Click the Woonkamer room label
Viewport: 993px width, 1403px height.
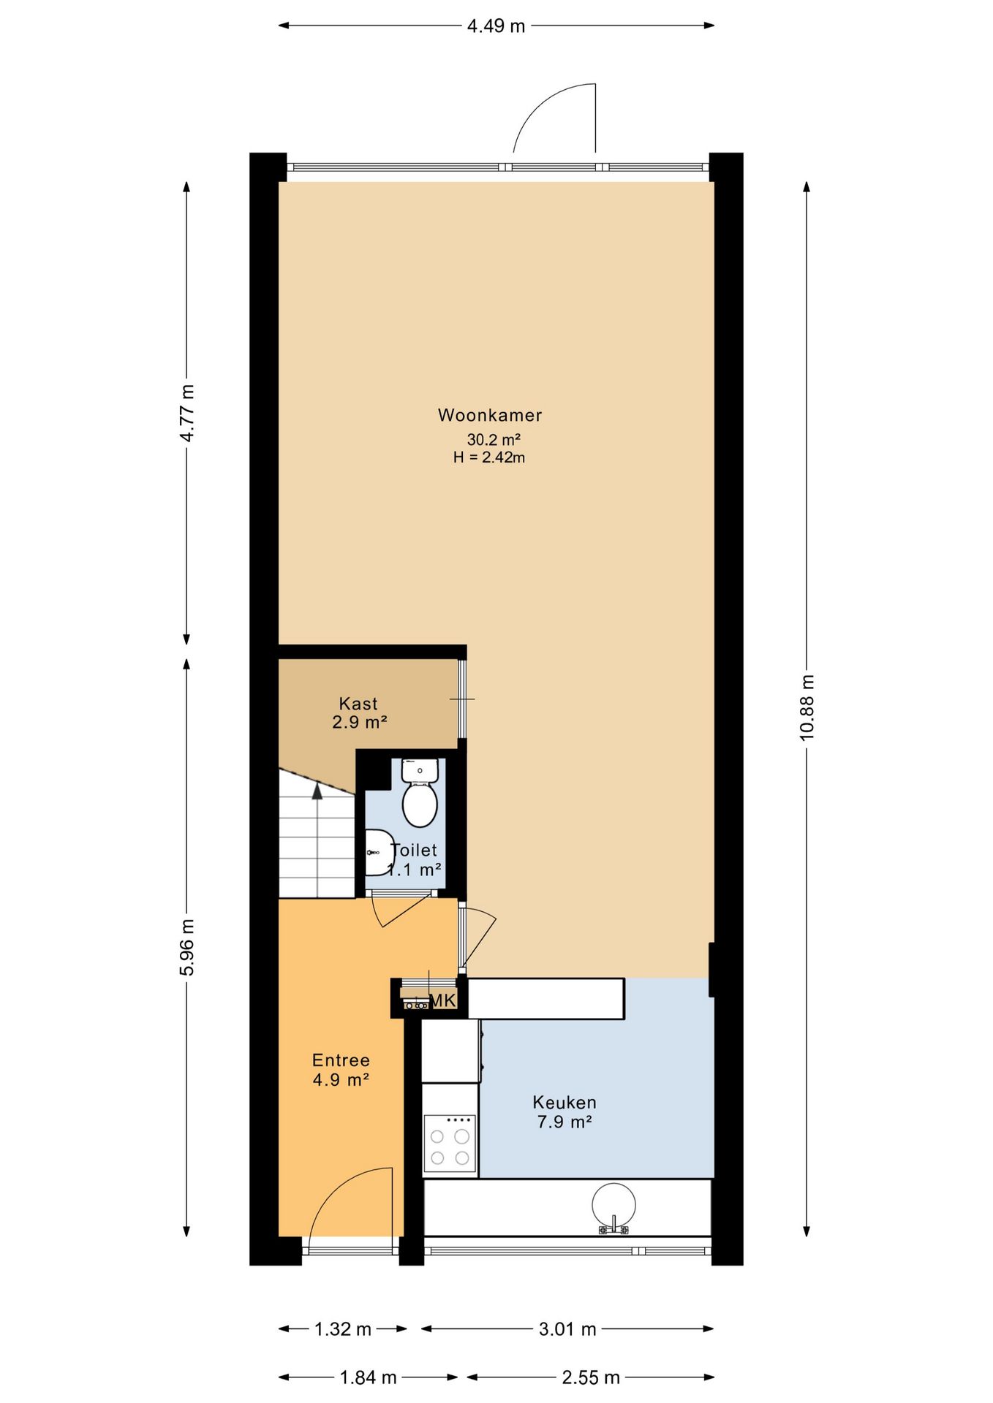490,415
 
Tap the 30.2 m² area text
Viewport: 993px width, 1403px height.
494,439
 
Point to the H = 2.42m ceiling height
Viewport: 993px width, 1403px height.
489,457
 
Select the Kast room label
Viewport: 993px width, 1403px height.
358,704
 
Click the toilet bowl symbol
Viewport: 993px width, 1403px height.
420,794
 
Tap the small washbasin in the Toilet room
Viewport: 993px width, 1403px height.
379,853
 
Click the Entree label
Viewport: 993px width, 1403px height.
341,1060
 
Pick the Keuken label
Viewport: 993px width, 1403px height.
565,1102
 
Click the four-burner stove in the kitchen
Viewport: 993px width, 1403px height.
450,1144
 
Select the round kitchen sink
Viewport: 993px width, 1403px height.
613,1206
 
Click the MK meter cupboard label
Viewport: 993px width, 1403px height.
444,1001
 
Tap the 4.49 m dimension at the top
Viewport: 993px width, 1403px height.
496,26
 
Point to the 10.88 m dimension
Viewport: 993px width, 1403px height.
807,707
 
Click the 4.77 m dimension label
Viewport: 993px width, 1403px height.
187,412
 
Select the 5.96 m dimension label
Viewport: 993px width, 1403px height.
187,947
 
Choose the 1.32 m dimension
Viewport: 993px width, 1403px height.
343,1328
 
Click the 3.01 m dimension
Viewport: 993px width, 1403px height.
567,1328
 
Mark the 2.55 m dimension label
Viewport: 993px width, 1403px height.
591,1377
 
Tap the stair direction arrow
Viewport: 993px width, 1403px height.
317,791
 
